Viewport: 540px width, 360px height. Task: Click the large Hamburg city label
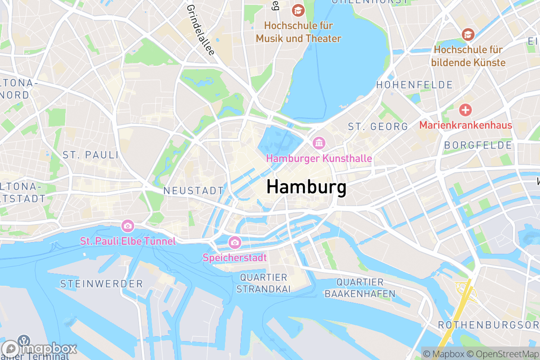click(306, 187)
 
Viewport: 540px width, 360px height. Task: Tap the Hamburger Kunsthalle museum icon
click(319, 144)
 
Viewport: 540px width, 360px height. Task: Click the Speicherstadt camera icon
click(234, 243)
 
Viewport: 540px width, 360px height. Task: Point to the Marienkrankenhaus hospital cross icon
click(465, 109)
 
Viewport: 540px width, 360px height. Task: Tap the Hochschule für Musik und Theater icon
click(298, 9)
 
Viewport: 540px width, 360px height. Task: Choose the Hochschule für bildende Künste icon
click(468, 34)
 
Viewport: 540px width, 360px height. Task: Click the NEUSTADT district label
click(193, 191)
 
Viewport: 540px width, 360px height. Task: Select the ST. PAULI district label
click(90, 155)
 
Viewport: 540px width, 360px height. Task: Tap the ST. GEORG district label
click(378, 127)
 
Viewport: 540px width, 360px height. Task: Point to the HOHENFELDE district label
click(414, 85)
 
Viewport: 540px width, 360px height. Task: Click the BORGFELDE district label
click(478, 145)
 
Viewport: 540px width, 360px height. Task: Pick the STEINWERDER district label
click(101, 284)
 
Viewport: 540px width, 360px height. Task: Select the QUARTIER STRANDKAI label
click(264, 283)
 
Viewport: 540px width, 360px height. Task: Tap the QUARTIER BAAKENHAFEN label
click(360, 288)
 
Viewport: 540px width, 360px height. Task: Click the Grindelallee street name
click(200, 30)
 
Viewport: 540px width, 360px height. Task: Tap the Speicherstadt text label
click(234, 258)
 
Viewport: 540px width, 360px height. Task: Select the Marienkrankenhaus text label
click(465, 125)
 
